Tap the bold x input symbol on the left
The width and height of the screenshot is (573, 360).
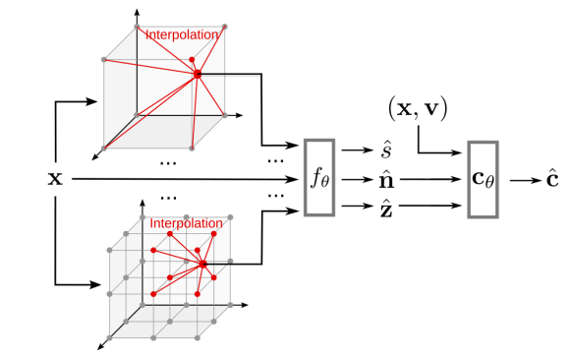(x=55, y=179)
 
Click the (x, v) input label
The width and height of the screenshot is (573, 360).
(x=418, y=109)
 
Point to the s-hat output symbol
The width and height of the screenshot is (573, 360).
(x=386, y=150)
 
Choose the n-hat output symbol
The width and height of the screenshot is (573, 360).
(x=386, y=180)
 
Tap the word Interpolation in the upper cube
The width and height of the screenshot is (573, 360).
(x=182, y=34)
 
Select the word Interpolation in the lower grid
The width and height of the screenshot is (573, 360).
(x=186, y=223)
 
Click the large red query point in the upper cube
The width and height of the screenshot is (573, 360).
(x=198, y=74)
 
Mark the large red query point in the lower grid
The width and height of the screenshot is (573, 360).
(x=203, y=264)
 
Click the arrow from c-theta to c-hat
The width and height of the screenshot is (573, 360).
(x=526, y=180)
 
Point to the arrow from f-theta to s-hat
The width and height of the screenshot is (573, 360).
(x=358, y=150)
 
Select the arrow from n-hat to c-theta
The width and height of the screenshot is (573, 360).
(x=431, y=179)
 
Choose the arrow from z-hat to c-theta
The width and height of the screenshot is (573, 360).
(x=430, y=206)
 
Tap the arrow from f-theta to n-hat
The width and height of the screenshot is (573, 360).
(x=358, y=180)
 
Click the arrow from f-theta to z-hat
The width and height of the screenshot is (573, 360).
(x=358, y=206)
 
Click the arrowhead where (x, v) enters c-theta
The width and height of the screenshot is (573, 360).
(x=457, y=152)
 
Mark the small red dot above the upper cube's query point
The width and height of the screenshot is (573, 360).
(x=192, y=60)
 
